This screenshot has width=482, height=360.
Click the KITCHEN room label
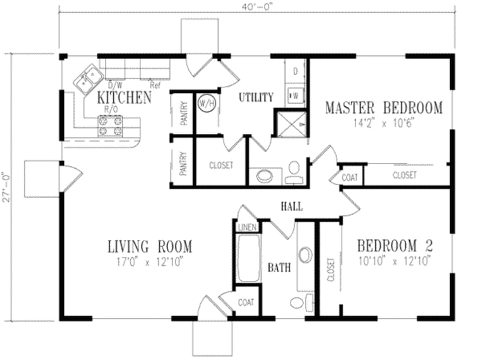point(124,97)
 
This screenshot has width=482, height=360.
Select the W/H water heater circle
point(207,103)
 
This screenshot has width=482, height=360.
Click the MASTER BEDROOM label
point(384,108)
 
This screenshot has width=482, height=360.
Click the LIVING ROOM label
point(149,246)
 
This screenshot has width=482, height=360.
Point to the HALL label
point(292,207)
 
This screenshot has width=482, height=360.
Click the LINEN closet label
point(246,227)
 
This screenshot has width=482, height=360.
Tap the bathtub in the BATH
point(247,260)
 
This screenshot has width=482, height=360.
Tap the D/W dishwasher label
point(114,85)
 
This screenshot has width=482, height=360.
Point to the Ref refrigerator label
point(155,85)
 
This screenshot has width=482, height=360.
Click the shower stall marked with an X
point(290,124)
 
